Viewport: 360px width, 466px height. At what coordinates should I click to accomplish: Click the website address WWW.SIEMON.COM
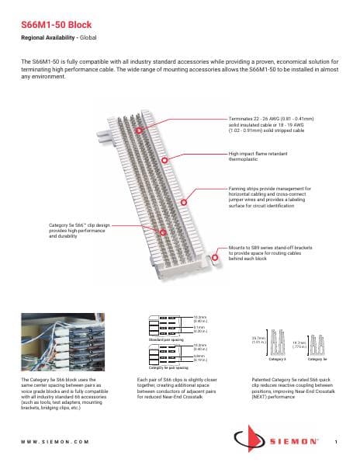(54, 440)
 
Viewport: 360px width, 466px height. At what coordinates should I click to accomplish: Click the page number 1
(334, 441)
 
